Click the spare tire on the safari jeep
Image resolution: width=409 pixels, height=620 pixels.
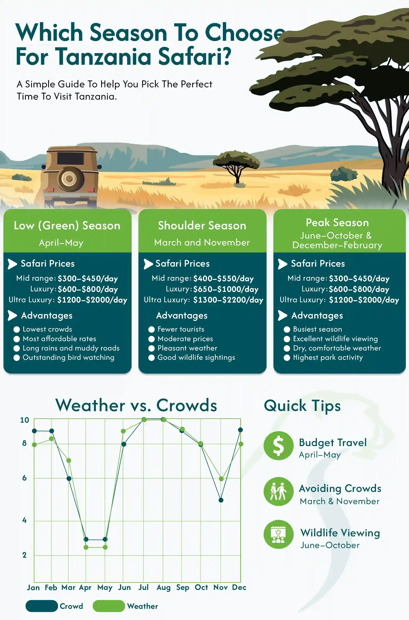tap(69, 179)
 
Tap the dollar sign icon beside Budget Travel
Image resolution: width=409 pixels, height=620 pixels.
tap(279, 446)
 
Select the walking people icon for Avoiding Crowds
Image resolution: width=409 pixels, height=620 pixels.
tap(279, 491)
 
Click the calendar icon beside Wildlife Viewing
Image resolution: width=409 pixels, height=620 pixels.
tap(279, 535)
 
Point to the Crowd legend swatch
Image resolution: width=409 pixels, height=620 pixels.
tap(42, 606)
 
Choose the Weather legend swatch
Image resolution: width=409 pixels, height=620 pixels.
tap(109, 606)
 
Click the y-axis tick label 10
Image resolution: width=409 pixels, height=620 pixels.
tap(24, 420)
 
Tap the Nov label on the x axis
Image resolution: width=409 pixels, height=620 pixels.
tap(220, 588)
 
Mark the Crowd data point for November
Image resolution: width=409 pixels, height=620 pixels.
tap(221, 500)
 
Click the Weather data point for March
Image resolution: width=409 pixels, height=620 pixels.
tap(68, 460)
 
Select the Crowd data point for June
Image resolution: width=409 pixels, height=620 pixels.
tap(124, 444)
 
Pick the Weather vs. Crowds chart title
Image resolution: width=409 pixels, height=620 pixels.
tap(136, 405)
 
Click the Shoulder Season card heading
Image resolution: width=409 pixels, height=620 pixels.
tap(202, 226)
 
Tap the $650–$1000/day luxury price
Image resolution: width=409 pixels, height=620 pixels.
tap(226, 289)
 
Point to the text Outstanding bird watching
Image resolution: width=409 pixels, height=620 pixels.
tap(68, 357)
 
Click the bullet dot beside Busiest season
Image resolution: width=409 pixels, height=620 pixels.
tap(287, 329)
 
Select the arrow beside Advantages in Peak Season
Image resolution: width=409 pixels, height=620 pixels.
tap(282, 316)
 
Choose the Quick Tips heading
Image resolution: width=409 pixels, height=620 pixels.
tap(302, 406)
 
